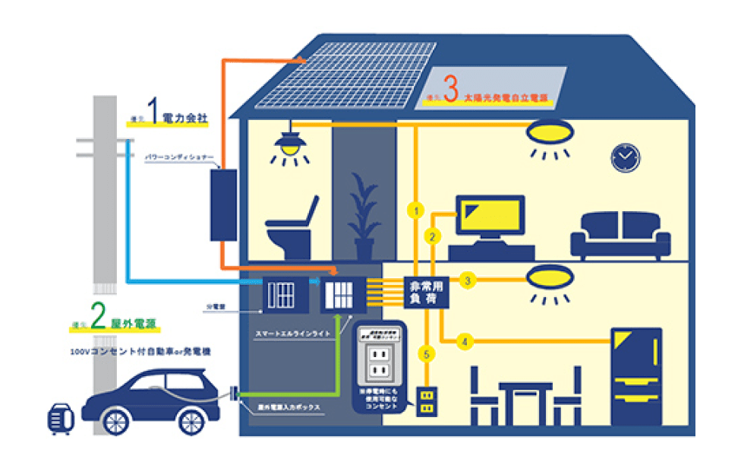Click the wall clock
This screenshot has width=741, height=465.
point(625,157)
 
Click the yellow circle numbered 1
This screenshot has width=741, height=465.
point(415,210)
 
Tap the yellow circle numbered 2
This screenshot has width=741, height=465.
point(432,236)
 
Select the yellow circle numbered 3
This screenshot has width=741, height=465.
point(468,281)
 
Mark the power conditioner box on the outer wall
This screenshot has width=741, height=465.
point(223,204)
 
